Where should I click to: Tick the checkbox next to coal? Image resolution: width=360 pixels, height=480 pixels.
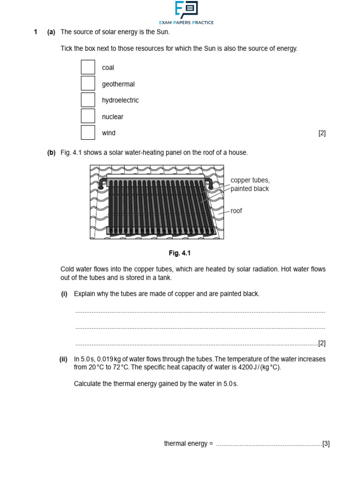tap(88, 67)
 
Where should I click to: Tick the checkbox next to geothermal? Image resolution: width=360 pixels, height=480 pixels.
tap(88, 83)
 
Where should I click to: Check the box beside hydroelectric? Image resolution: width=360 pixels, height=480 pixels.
tap(88, 100)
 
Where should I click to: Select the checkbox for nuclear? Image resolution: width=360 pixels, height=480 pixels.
tap(88, 116)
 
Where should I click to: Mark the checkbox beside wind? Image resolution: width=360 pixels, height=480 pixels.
tap(88, 133)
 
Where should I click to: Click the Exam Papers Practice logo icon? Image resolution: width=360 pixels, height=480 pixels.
tap(186, 9)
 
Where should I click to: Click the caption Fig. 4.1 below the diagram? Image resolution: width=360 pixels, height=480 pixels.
tap(180, 253)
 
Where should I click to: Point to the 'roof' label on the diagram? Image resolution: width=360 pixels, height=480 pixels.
tap(236, 211)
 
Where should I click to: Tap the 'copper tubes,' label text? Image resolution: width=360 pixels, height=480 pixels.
tap(250, 180)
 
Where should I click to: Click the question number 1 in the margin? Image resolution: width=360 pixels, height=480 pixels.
tap(35, 32)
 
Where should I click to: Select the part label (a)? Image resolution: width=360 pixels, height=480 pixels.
tap(51, 32)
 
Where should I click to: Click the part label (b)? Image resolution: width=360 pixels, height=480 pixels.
tap(51, 152)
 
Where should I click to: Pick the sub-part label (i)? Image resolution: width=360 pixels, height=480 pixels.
tap(64, 294)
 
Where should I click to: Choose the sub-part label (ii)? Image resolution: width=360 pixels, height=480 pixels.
tap(63, 359)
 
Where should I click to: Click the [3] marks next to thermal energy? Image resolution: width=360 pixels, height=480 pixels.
tap(326, 443)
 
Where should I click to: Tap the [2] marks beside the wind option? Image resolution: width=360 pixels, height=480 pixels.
tap(322, 133)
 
